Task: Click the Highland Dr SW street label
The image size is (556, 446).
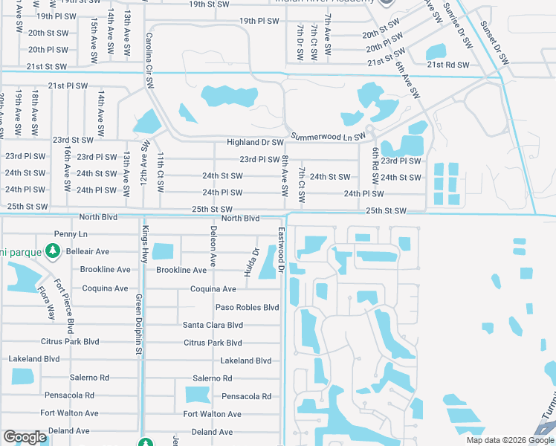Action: (x=256, y=142)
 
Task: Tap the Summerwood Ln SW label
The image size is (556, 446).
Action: (x=328, y=137)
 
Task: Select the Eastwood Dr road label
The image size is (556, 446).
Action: (x=281, y=251)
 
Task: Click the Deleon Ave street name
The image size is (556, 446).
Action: (x=213, y=246)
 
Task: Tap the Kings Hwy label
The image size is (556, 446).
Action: (x=146, y=242)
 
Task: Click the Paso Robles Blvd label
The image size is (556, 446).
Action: (x=247, y=307)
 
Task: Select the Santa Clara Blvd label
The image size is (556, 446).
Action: (x=213, y=325)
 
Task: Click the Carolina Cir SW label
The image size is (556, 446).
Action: (x=149, y=58)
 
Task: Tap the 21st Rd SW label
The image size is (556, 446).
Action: (x=448, y=65)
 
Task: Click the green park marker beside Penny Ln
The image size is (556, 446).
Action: (x=52, y=252)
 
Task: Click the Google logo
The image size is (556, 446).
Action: (x=25, y=437)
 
